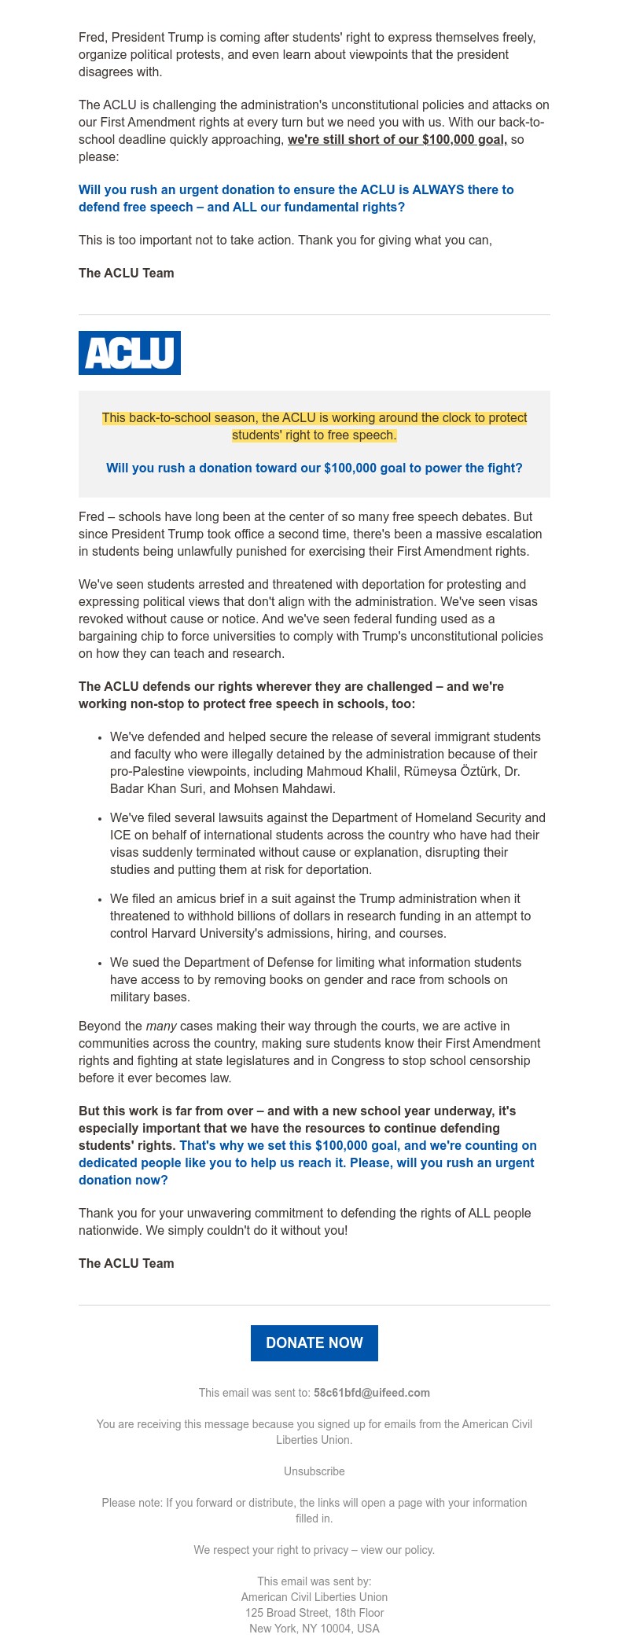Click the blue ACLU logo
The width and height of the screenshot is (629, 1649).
130,353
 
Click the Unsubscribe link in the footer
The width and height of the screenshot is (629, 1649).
314,1471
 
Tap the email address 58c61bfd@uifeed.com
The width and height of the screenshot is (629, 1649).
371,1393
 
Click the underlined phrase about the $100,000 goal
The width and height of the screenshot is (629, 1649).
397,140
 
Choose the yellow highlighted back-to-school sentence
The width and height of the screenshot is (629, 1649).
314,426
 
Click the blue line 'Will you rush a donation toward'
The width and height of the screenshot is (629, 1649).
314,468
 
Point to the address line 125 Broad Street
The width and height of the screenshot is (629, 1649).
314,1613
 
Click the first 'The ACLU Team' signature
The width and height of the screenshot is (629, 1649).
127,274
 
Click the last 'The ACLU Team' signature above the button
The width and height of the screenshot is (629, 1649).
127,1264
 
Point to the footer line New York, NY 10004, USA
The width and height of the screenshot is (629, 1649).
314,1629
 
